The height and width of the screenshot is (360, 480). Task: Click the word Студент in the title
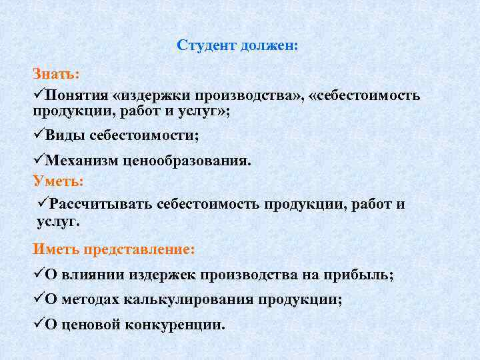click(201, 46)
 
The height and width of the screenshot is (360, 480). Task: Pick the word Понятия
click(75, 95)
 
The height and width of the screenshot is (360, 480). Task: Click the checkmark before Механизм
click(39, 160)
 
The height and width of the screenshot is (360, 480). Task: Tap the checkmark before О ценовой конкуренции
click(39, 324)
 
